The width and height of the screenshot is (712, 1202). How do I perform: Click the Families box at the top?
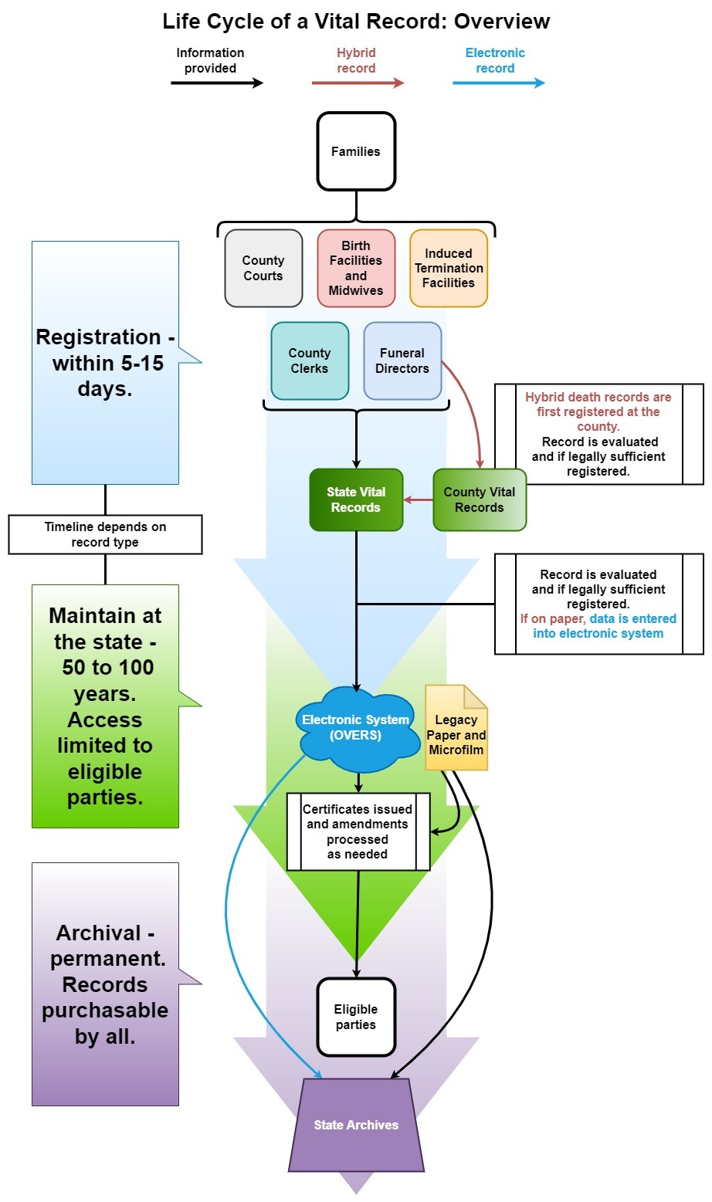356,151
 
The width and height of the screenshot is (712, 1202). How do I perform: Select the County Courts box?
263,268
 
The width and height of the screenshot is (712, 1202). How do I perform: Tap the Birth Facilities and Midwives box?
356,268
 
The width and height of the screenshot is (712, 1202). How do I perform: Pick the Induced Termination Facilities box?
449,268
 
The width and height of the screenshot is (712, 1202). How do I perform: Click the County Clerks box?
310,361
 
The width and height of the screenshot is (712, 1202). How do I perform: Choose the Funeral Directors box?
402,361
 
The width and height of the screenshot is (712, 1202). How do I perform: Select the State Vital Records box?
356,499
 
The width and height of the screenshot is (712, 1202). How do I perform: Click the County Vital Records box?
480,499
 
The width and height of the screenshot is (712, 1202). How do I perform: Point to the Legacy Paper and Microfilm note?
456,733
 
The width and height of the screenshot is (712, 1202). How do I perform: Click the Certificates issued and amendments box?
358,831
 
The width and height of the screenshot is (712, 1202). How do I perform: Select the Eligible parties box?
356,1017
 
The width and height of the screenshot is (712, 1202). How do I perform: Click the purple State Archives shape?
356,1125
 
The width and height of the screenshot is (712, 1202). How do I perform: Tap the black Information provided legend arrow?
217,83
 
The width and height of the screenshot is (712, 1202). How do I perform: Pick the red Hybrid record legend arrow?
358,83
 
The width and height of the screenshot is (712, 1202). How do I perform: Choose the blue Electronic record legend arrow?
498,83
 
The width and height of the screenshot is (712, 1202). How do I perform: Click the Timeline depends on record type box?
105,534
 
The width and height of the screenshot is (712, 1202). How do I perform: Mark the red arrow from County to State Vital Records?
419,499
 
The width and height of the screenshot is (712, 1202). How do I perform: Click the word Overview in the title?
502,21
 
